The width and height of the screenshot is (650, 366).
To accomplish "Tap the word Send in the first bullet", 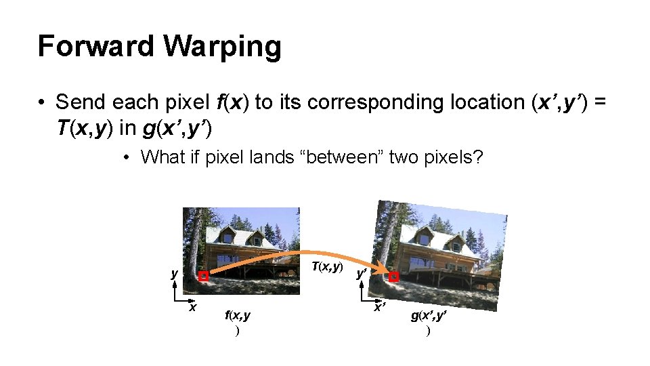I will [x=81, y=102].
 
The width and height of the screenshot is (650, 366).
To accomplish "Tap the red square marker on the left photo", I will [x=203, y=277].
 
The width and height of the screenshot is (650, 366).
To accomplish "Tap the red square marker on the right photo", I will [x=395, y=277].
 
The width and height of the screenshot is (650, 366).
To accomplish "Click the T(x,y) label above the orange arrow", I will [x=327, y=267].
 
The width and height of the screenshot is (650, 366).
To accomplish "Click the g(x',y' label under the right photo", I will [x=428, y=316].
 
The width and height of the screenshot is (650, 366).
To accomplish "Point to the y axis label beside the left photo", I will [x=174, y=274].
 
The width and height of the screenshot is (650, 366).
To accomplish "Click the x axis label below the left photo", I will [x=193, y=306].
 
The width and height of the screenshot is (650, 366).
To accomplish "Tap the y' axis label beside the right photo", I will [x=362, y=274].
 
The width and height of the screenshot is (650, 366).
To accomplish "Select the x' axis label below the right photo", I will [x=381, y=307].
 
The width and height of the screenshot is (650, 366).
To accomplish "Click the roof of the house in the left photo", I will [x=244, y=235].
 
